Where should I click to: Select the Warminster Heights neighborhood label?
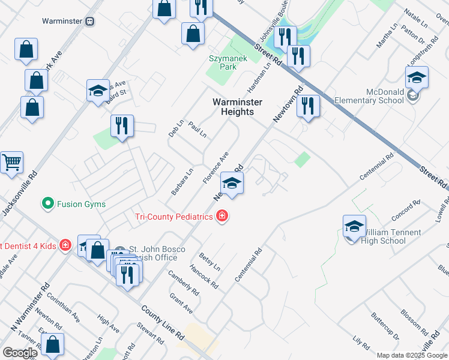click(x=237, y=107)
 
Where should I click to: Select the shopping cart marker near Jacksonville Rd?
click(x=12, y=163)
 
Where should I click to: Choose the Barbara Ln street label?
click(x=182, y=181)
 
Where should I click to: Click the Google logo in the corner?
click(x=20, y=353)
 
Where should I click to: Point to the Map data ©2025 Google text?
click(x=411, y=355)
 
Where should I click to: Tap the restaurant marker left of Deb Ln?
click(x=122, y=127)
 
